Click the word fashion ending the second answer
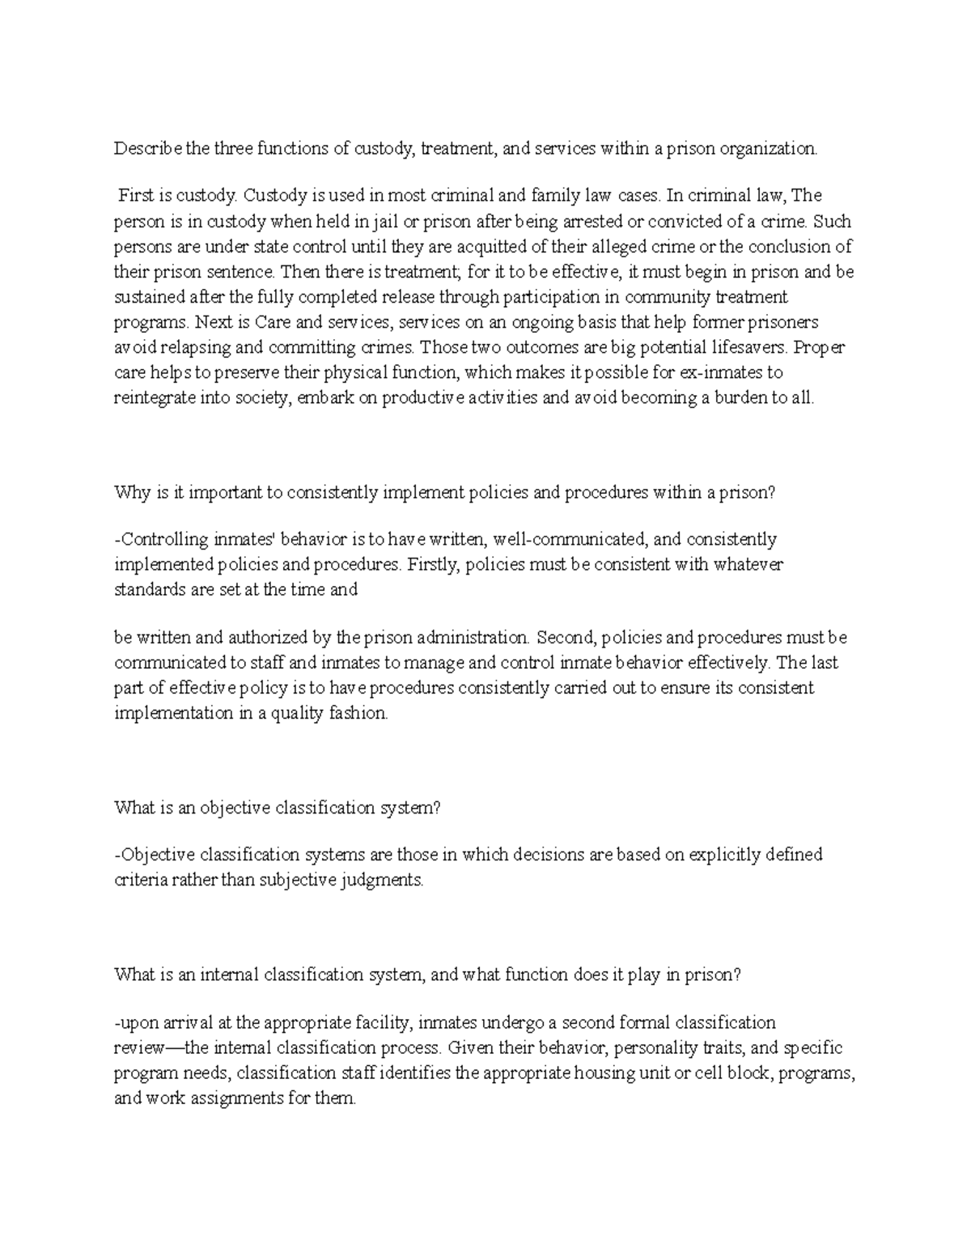363,714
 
